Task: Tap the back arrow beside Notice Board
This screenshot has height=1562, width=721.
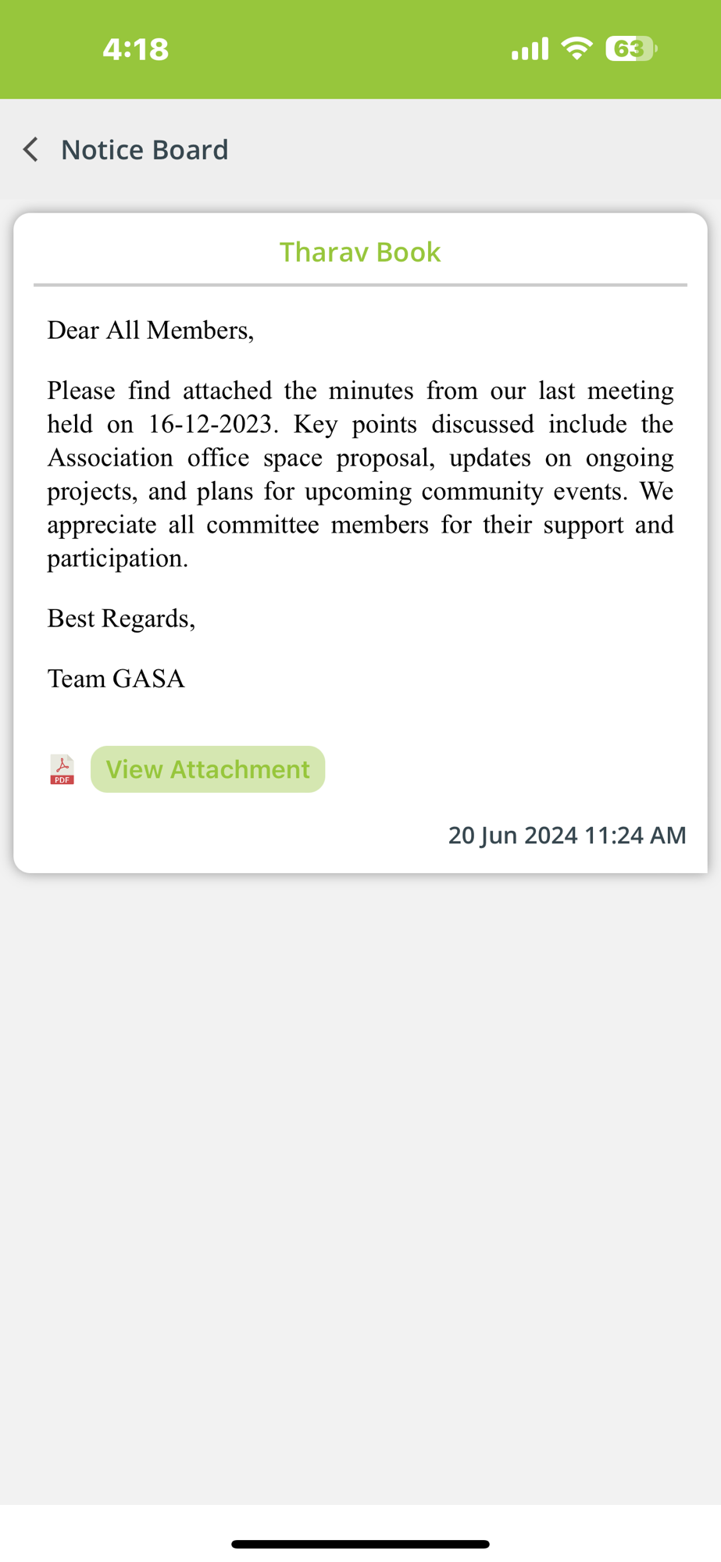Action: [x=31, y=149]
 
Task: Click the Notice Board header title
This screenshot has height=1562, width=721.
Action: [x=145, y=149]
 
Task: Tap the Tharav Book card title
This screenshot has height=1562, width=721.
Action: [x=360, y=252]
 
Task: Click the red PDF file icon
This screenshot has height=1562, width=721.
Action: [x=62, y=769]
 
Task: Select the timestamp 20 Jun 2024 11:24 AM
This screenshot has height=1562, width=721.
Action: [x=566, y=835]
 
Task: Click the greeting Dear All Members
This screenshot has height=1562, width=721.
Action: [x=150, y=330]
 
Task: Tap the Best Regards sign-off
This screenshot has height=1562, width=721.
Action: [x=121, y=619]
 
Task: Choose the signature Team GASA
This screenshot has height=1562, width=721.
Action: [x=116, y=679]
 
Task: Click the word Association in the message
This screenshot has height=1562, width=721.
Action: [x=110, y=458]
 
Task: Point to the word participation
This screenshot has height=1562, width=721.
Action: [x=117, y=558]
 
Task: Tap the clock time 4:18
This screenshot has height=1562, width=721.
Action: [x=135, y=49]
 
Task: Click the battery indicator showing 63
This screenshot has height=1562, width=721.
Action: [x=630, y=49]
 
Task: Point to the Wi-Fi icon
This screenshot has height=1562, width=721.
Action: [x=577, y=48]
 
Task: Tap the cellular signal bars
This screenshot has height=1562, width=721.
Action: [x=530, y=49]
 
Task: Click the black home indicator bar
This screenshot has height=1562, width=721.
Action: [x=360, y=1544]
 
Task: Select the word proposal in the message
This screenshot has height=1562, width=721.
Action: [x=385, y=458]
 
